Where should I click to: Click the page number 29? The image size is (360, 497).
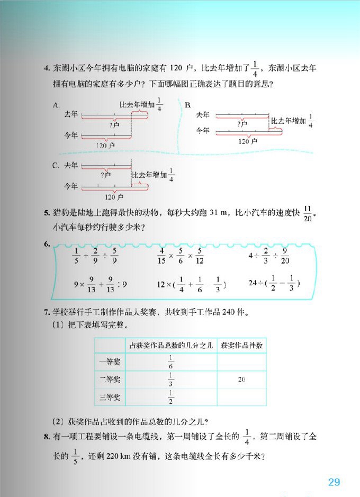point(334,482)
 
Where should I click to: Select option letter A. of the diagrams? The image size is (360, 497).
point(56,105)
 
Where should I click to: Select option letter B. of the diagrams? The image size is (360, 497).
point(187,105)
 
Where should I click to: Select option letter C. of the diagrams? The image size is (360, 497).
point(56,166)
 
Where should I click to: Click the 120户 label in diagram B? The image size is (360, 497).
point(247,141)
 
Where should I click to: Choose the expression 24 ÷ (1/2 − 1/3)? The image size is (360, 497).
point(274,283)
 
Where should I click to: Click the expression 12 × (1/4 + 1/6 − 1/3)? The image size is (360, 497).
point(191,284)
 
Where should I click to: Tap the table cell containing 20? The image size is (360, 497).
point(241,379)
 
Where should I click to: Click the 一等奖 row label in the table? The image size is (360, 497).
point(110,362)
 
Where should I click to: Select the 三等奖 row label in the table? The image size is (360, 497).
point(110,397)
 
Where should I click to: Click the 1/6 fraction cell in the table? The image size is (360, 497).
point(172,362)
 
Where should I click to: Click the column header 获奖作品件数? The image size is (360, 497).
point(241,346)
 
